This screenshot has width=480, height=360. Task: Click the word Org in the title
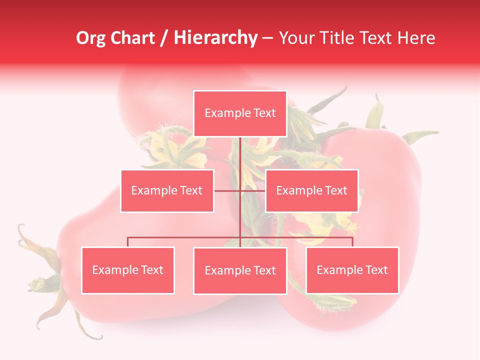click(x=90, y=38)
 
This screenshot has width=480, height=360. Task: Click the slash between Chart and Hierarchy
click(x=163, y=38)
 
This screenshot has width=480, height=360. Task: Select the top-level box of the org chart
click(x=240, y=113)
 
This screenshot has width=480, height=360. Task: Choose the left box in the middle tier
click(x=167, y=190)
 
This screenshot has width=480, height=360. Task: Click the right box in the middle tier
click(x=311, y=190)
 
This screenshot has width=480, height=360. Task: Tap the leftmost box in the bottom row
click(x=128, y=270)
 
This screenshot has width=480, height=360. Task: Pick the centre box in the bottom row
click(x=240, y=270)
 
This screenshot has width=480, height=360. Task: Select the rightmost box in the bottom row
click(x=352, y=270)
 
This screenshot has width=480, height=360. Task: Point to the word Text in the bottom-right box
click(x=376, y=270)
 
